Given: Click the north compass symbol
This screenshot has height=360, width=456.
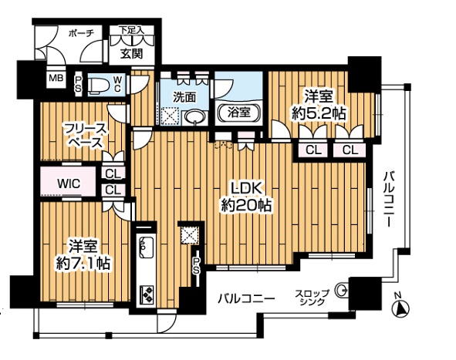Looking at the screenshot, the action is point(401,308).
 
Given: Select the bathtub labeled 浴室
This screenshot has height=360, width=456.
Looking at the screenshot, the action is point(239,112).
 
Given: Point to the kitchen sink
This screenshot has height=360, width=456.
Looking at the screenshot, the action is point(147,247).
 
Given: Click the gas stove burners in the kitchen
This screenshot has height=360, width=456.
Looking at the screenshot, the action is point(147,294).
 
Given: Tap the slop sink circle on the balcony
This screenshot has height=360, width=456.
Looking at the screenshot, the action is point(342,289).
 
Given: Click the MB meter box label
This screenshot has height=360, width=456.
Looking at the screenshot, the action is point(56,78).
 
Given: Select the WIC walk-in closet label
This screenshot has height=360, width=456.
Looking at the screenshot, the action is point(69,183).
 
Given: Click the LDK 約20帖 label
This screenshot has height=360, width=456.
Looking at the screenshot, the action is point(246,197).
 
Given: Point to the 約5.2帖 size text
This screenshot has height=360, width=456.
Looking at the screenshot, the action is point(319,113).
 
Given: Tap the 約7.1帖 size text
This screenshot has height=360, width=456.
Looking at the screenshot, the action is point(83,263).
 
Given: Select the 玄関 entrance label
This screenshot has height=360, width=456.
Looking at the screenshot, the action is point(132,53).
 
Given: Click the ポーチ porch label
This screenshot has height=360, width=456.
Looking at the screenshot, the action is point(81,33).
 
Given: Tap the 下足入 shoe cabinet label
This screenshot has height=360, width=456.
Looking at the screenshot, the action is point(131,29).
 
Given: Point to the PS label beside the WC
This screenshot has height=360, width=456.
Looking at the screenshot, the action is point(78,84).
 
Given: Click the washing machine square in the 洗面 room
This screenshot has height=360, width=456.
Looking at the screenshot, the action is point(170,116).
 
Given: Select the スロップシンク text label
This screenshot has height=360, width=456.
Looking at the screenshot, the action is point(312,298).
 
